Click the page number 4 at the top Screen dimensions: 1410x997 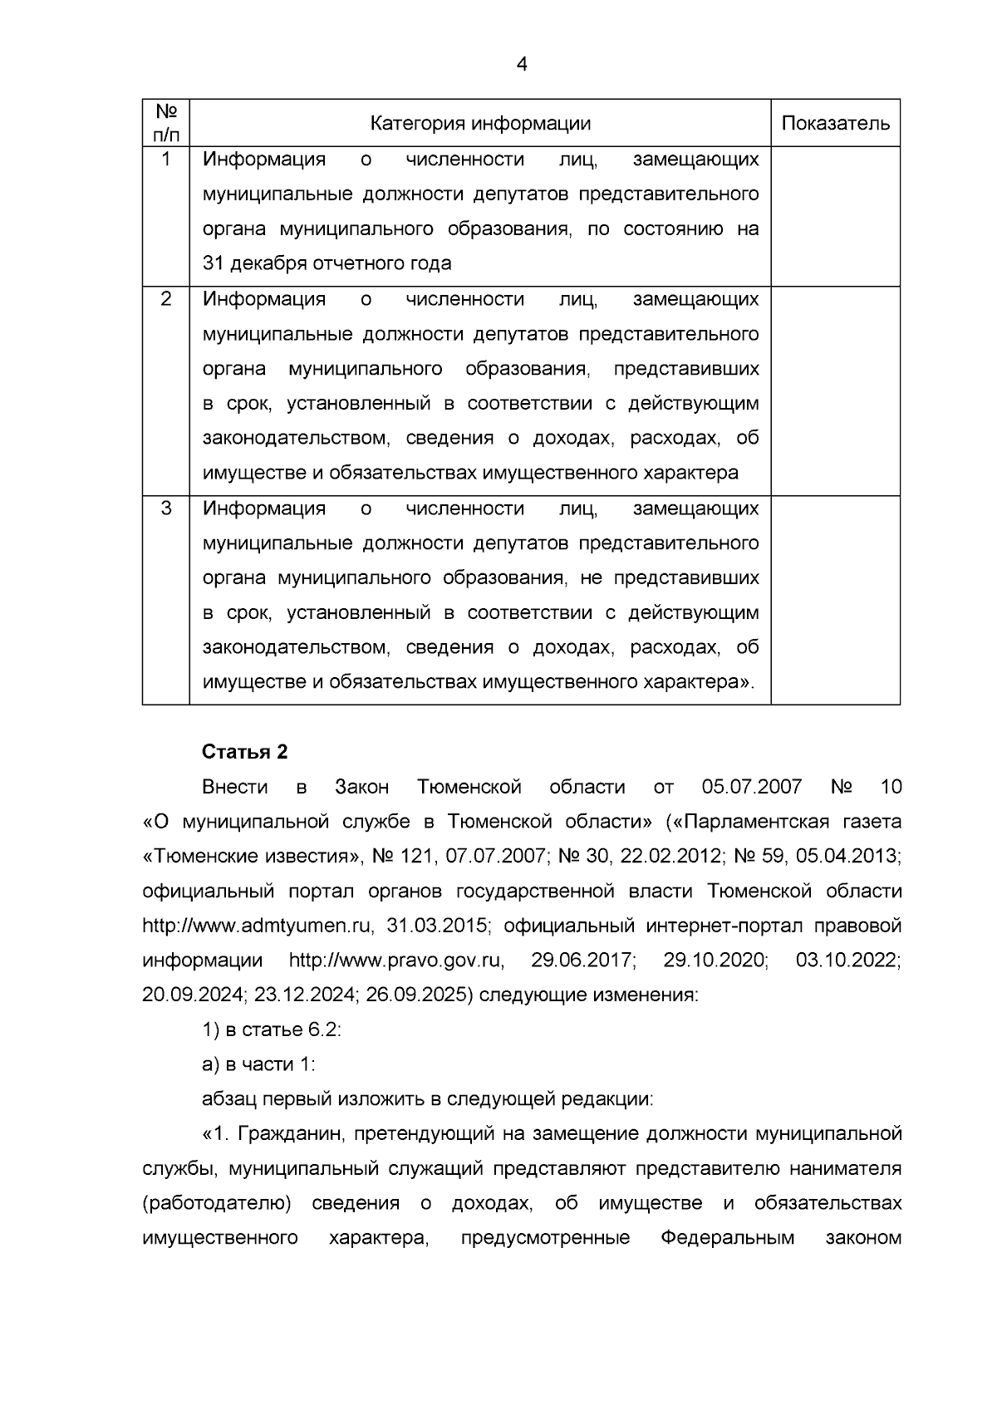522,64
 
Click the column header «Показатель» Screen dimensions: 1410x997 835,124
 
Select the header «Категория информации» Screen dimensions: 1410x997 480,124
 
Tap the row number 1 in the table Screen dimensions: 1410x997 166,159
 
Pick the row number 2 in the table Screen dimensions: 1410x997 166,298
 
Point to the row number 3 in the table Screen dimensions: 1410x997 166,508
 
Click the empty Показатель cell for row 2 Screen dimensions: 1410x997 835,391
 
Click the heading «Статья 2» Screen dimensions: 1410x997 244,752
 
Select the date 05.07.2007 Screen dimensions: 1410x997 751,787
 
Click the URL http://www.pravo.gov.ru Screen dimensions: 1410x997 396,960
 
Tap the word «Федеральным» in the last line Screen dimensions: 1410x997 728,1239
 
